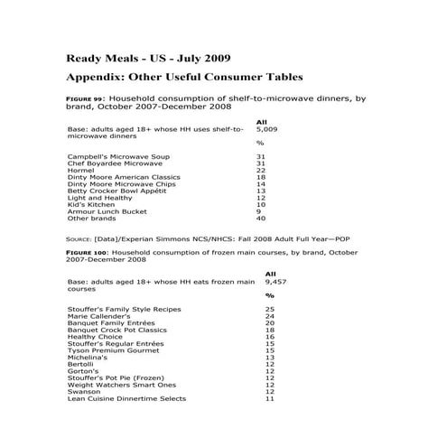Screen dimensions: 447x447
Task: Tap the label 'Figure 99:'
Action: pos(87,99)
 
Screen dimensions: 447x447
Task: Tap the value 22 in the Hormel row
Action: pos(261,171)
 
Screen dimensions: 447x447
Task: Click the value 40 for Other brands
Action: pos(261,219)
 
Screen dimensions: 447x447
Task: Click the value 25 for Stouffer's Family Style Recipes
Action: pos(269,310)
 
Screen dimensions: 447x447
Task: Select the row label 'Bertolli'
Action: pos(81,365)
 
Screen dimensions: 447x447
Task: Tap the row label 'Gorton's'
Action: pos(82,372)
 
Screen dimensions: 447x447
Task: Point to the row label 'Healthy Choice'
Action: pos(94,338)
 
